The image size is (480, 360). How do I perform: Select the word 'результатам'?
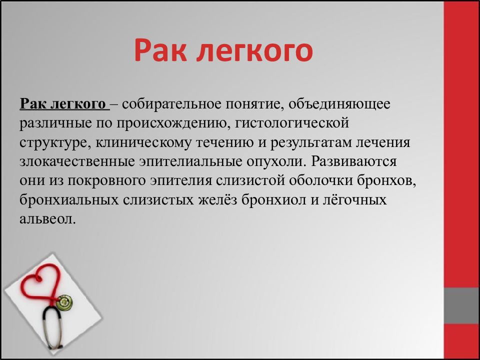[312, 142]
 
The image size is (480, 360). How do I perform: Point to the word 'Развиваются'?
[354, 162]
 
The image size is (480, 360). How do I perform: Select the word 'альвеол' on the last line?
[47, 219]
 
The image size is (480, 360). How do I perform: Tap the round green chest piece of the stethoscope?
[64, 301]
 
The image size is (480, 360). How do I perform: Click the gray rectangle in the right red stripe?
[461, 305]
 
